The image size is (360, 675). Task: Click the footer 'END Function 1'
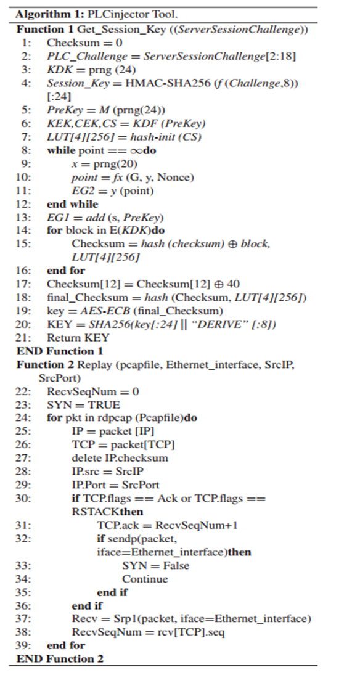click(x=60, y=351)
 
